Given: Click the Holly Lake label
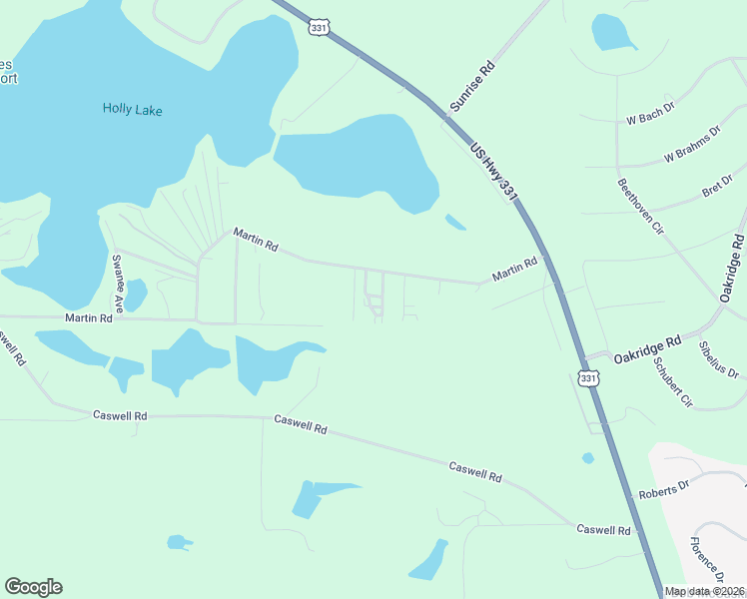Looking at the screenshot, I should pos(132,109).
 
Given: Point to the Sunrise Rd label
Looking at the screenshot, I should pos(471,85).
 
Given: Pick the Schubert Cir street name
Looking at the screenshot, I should pos(672,381).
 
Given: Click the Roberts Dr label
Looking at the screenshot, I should pos(664,490).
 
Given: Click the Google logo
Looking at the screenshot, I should pos(33,587).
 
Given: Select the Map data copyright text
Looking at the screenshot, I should pos(705,591).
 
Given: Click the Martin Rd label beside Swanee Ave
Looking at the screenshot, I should pos(89,317).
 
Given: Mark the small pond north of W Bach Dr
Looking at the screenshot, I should pos(613,32).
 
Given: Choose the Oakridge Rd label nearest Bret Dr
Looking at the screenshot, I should pos(732,269).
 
